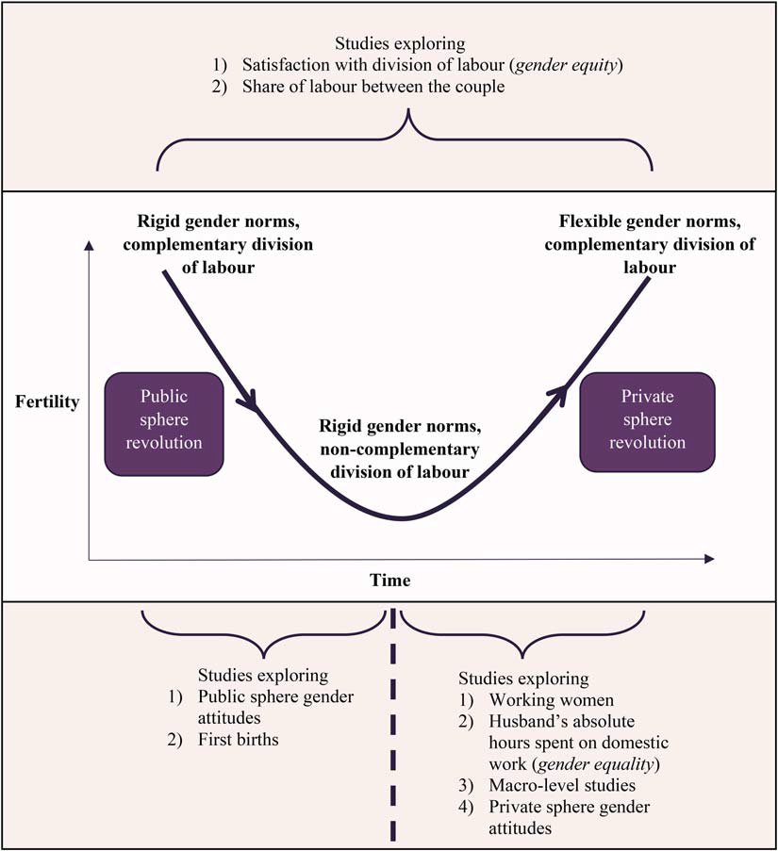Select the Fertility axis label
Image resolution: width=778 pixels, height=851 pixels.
(x=47, y=402)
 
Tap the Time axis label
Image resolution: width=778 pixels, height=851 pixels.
(x=389, y=581)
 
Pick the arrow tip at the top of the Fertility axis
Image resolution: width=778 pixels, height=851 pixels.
(x=89, y=246)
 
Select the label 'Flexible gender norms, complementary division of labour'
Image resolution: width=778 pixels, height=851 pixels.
(x=649, y=246)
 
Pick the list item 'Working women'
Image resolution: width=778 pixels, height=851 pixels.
(x=538, y=700)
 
